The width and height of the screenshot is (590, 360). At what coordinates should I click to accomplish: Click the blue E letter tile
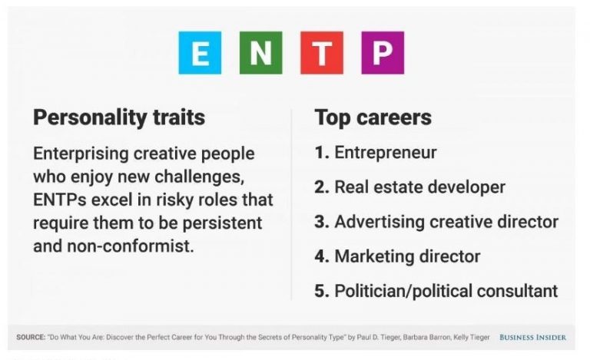200,53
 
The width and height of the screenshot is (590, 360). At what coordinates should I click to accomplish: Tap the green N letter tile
260,53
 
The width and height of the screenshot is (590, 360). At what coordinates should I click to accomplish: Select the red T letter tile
322,53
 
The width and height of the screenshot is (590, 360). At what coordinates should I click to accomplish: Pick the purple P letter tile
383,53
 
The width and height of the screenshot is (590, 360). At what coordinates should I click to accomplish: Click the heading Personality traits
119,117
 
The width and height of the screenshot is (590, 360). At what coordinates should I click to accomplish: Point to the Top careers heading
373,117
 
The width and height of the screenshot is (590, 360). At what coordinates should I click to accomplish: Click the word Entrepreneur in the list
386,153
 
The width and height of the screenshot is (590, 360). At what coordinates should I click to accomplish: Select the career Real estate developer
420,187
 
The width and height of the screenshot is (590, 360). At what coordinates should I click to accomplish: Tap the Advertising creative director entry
446,222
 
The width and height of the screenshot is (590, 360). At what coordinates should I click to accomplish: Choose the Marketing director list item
407,256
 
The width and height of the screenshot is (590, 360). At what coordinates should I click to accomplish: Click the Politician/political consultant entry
446,291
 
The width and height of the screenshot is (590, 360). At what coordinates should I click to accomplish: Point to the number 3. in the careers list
322,222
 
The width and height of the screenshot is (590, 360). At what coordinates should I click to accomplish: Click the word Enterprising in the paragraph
81,154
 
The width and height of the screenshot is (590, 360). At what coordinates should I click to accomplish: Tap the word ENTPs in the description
60,200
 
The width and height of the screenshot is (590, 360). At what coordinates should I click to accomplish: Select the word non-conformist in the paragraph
130,246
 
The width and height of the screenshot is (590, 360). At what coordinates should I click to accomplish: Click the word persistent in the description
222,223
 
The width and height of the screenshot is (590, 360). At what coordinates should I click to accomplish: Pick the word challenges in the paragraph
200,177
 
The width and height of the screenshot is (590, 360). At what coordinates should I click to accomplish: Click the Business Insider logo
533,338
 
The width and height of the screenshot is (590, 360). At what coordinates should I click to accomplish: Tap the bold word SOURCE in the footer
31,337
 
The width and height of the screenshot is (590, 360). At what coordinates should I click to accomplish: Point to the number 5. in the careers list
322,291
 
